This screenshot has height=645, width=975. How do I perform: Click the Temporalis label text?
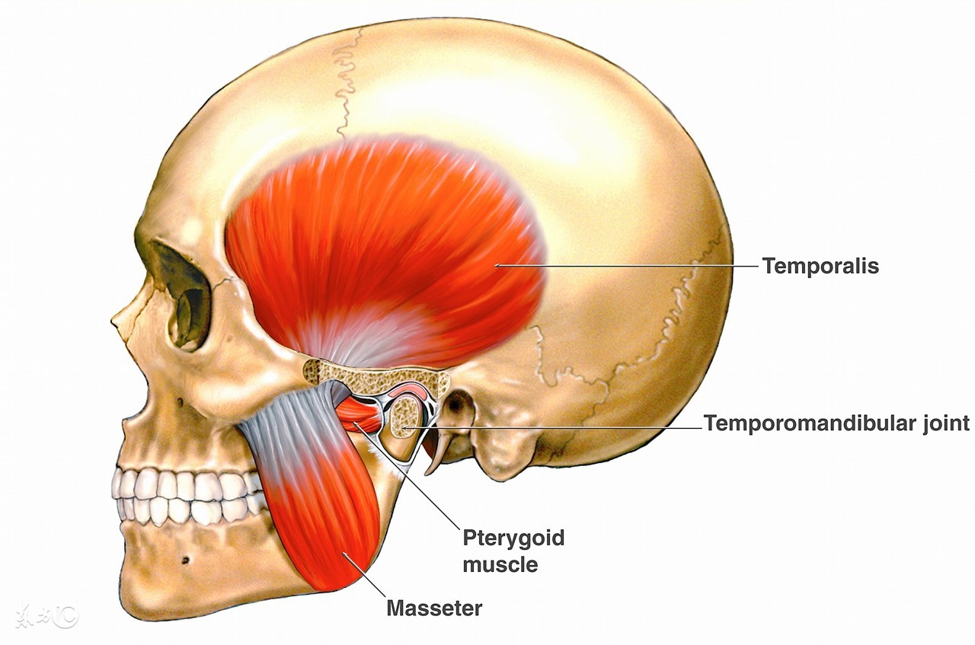[x=820, y=266]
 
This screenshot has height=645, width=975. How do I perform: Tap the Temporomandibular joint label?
[x=836, y=423]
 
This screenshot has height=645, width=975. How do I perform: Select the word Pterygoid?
[x=513, y=538]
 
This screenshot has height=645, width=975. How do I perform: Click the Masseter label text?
[x=434, y=608]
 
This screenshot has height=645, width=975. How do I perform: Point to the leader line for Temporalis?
[x=625, y=266]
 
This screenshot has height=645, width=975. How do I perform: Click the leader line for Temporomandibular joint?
[x=556, y=428]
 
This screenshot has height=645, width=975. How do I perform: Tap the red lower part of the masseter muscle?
[x=335, y=525]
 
